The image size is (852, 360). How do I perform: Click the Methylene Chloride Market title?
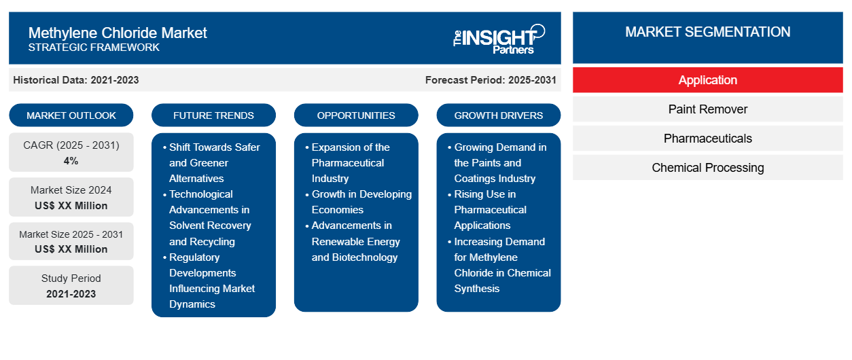(x=118, y=33)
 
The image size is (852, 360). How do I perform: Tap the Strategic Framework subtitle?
(x=94, y=48)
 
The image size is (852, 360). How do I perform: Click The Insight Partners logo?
(x=499, y=38)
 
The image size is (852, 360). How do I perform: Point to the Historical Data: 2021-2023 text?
(x=76, y=80)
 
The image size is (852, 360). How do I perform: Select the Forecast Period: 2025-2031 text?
(x=491, y=80)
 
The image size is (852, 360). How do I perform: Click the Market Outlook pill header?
(x=71, y=115)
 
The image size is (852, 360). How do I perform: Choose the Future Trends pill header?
(x=213, y=115)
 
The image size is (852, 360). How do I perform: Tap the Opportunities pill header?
(x=356, y=115)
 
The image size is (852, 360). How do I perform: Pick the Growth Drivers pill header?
(x=499, y=115)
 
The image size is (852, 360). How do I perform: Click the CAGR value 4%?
(x=71, y=161)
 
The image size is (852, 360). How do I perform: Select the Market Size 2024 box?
(x=71, y=198)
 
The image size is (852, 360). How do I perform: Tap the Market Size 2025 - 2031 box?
(x=71, y=241)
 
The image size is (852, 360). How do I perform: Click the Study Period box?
(x=71, y=285)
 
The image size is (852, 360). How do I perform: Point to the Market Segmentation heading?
(x=707, y=32)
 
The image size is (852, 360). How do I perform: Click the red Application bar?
(x=707, y=80)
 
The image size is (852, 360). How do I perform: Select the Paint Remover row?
(x=707, y=109)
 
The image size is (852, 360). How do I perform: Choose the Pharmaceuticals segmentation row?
(x=707, y=139)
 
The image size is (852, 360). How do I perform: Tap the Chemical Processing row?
(x=707, y=168)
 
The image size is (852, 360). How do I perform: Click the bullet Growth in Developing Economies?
(x=361, y=202)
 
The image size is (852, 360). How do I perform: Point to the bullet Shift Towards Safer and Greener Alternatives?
(x=214, y=162)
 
